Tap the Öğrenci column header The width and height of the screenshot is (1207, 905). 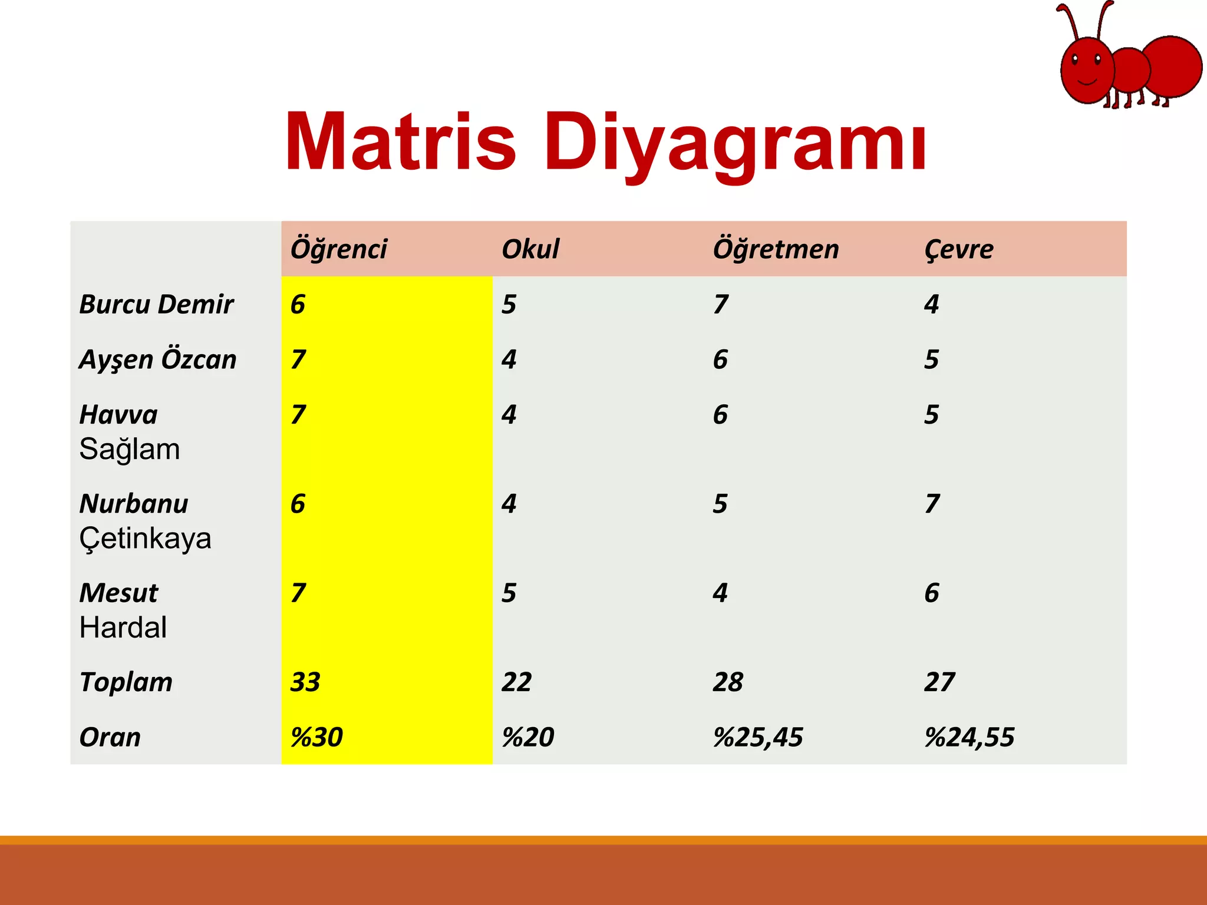[x=339, y=249]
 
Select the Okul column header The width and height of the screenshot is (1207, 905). [x=530, y=249]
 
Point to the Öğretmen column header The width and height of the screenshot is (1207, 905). [x=776, y=249]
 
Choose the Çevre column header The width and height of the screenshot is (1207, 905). [x=959, y=249]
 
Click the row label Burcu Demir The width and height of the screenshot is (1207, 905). [x=156, y=305]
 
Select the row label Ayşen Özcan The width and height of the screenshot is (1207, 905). [x=158, y=360]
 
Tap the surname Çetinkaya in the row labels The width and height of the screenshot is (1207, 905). [x=145, y=539]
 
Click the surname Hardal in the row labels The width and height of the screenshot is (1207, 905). [x=123, y=627]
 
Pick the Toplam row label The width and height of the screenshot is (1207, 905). [x=126, y=682]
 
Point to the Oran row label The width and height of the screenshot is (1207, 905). [x=110, y=738]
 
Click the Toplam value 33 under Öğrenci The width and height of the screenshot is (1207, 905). [x=305, y=682]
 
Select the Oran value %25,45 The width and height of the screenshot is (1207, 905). [x=758, y=738]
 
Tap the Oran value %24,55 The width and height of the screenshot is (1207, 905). [x=969, y=738]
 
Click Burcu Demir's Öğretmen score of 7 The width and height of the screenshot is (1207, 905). [x=721, y=305]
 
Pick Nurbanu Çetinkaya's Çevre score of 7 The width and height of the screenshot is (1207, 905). [x=932, y=504]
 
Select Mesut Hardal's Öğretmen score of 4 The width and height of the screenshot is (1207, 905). [x=720, y=593]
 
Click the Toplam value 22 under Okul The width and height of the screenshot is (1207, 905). [x=517, y=682]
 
